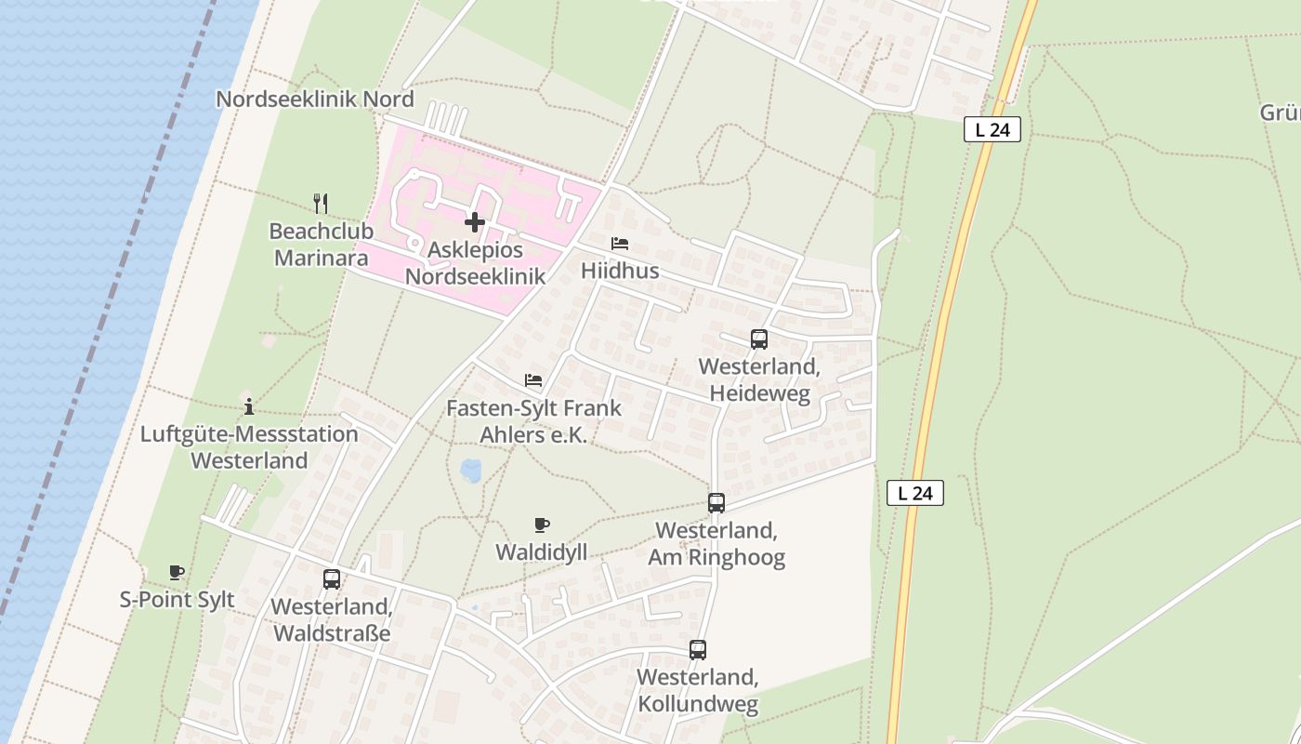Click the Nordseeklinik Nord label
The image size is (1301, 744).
315,99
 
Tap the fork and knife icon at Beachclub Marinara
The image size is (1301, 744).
321,204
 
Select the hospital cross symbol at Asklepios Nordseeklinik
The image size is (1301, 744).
475,222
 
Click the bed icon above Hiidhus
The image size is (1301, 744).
620,244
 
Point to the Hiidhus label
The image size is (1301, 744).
620,271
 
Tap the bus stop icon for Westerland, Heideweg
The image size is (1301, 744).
759,339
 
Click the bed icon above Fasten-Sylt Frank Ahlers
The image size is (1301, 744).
533,380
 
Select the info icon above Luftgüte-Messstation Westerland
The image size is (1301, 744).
248,406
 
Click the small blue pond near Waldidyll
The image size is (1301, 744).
471,470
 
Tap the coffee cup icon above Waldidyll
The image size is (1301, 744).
542,525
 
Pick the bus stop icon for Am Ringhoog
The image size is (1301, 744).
716,503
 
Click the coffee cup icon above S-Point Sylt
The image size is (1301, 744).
177,573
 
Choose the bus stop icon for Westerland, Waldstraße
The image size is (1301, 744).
332,579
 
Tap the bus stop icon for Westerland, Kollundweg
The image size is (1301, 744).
698,650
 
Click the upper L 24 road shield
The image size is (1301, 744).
992,130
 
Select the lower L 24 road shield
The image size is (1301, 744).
915,493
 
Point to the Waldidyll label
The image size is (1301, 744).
541,551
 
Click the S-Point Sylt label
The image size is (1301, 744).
177,600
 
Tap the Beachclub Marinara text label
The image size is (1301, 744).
322,245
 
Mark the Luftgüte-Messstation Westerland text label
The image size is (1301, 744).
249,447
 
